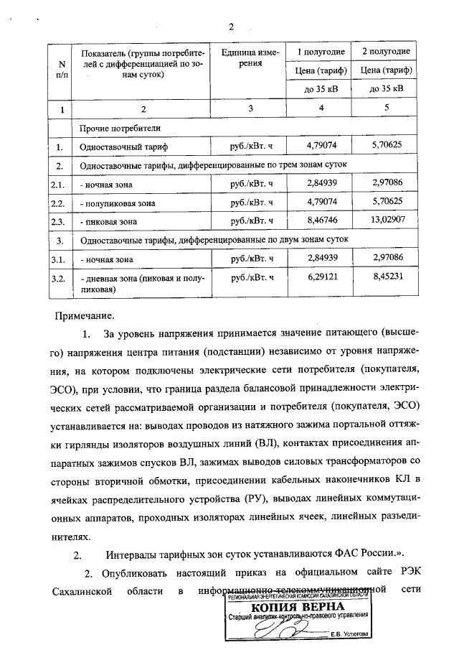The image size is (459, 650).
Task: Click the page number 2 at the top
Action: [231, 27]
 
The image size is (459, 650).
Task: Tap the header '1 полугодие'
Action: [321, 52]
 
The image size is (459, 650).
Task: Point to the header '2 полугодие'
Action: [385, 52]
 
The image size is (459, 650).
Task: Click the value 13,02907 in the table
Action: [385, 221]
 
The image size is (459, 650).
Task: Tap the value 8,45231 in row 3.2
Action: [385, 277]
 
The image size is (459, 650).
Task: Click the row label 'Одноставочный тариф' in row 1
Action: [123, 147]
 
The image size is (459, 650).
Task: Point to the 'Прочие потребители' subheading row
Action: [120, 128]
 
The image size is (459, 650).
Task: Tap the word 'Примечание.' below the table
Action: [84, 315]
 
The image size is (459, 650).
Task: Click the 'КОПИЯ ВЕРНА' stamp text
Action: [298, 607]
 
